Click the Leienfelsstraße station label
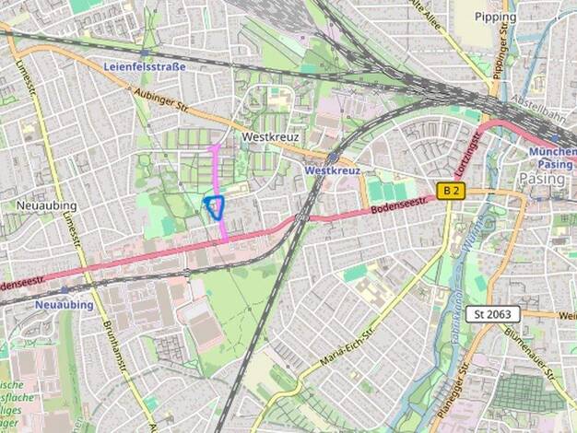pyautogui.click(x=145, y=66)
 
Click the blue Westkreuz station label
pyautogui.click(x=330, y=170)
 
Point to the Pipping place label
pyautogui.click(x=495, y=17)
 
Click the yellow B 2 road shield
pyautogui.click(x=450, y=191)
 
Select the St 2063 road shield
pyautogui.click(x=492, y=314)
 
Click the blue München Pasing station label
pyautogui.click(x=551, y=158)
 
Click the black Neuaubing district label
pyautogui.click(x=46, y=204)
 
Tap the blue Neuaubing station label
pyautogui.click(x=65, y=304)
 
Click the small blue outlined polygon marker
pyautogui.click(x=216, y=207)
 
